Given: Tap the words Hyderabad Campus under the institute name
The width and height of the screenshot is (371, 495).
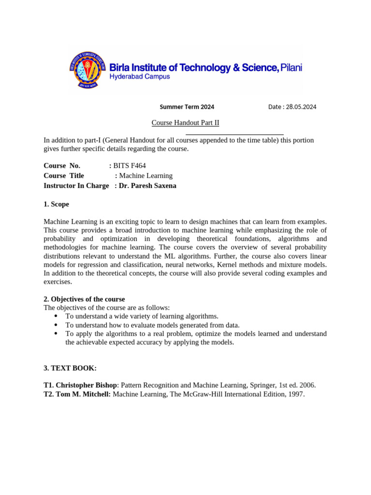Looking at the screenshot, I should point(140,77).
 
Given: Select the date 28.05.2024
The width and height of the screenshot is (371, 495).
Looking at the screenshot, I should point(301,107).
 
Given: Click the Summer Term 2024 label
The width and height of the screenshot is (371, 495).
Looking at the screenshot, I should point(187,107).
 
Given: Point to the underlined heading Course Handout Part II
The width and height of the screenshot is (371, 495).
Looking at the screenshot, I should point(185,123).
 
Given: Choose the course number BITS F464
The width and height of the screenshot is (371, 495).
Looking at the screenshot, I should point(129,166).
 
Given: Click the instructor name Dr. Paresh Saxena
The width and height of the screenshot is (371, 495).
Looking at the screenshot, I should point(148,186).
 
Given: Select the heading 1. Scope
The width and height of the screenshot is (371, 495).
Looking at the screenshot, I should point(56,204).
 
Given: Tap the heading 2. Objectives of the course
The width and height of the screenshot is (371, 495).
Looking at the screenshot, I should point(84,299).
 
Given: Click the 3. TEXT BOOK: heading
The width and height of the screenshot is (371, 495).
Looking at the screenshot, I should point(70,368).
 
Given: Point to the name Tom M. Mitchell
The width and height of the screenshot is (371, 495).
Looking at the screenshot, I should point(83,394).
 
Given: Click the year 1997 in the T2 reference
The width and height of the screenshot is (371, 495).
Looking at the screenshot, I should point(296,394).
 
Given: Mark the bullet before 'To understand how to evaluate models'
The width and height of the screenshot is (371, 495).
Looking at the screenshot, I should point(56,325).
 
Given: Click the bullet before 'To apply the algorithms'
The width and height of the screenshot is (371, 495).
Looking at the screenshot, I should point(56,334).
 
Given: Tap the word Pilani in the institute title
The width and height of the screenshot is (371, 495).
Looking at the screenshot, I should point(291,68).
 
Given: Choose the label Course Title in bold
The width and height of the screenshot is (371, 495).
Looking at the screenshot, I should point(64,176).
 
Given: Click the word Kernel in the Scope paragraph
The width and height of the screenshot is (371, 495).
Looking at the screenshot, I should point(227,265).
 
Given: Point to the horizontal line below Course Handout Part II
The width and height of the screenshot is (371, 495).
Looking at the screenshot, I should point(234,134).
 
